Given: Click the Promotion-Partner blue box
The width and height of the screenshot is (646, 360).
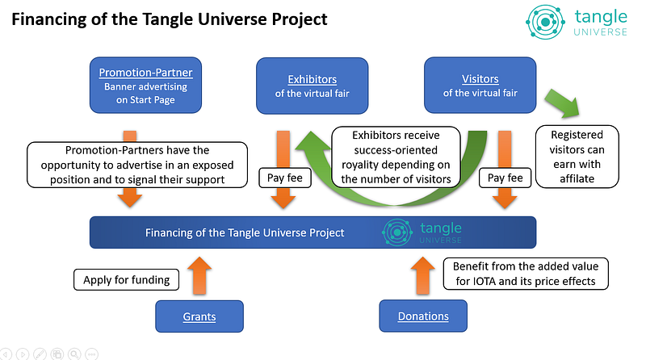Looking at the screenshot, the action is click(x=145, y=86).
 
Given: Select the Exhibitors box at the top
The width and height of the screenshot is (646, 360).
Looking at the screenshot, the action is click(x=312, y=86).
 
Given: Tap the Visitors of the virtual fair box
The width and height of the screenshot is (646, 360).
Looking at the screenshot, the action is click(x=480, y=86).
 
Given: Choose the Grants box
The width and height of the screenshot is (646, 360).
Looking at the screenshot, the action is click(x=199, y=316).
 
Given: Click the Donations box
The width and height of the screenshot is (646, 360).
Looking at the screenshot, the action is click(x=423, y=316).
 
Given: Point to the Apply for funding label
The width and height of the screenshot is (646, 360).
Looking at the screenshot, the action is click(x=127, y=279).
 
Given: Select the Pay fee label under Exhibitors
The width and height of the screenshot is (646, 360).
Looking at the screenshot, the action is click(x=285, y=178).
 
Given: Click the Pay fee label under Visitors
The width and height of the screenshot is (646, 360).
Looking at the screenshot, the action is click(x=505, y=178).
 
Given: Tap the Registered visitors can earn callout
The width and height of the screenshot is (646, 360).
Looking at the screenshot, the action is click(x=577, y=157).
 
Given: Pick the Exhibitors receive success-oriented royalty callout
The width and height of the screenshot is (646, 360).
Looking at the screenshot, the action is click(x=396, y=157).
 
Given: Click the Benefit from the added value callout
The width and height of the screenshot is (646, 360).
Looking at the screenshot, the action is click(x=526, y=274).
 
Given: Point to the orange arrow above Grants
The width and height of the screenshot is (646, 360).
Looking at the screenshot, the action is click(x=199, y=275).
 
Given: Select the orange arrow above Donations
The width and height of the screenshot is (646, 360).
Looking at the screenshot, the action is click(x=423, y=275).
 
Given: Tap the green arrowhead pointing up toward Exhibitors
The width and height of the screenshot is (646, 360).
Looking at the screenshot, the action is click(x=313, y=142).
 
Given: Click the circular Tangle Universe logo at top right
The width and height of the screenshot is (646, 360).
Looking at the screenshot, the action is click(x=546, y=23).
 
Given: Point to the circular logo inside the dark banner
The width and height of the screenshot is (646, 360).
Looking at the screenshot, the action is click(x=397, y=232).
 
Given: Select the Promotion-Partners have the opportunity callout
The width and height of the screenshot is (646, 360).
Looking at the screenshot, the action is click(x=137, y=165).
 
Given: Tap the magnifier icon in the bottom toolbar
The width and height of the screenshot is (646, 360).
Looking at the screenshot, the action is click(x=74, y=354).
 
